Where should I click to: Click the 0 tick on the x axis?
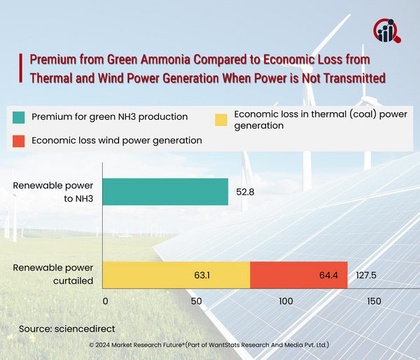106,300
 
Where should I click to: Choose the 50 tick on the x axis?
195,300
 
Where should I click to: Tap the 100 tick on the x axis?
284,300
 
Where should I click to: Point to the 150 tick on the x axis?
373,300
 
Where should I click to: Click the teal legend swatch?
19,116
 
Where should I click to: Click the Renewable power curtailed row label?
53,275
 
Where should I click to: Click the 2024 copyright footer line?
210,345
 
